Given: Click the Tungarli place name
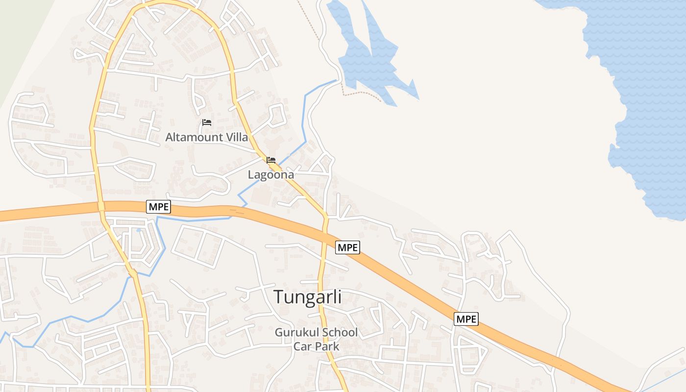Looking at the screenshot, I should [307, 297].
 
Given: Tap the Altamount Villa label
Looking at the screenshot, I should [206, 137].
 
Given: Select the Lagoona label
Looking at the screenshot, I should [270, 174].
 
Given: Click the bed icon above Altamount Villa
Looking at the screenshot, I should [207, 122].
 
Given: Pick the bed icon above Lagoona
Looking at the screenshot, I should [271, 160].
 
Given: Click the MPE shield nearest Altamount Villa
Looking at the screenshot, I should [159, 207].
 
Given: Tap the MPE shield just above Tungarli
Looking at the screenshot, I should [347, 247].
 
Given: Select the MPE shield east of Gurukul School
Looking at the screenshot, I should [466, 319].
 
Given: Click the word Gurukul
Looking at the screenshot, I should [296, 332].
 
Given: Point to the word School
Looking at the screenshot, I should [339, 332].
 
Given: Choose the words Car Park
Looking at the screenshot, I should [316, 346].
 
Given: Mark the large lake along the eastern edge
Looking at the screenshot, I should [647, 98].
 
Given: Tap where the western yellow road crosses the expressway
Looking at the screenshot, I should [101, 207].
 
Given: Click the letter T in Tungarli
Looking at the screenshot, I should [279, 297].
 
